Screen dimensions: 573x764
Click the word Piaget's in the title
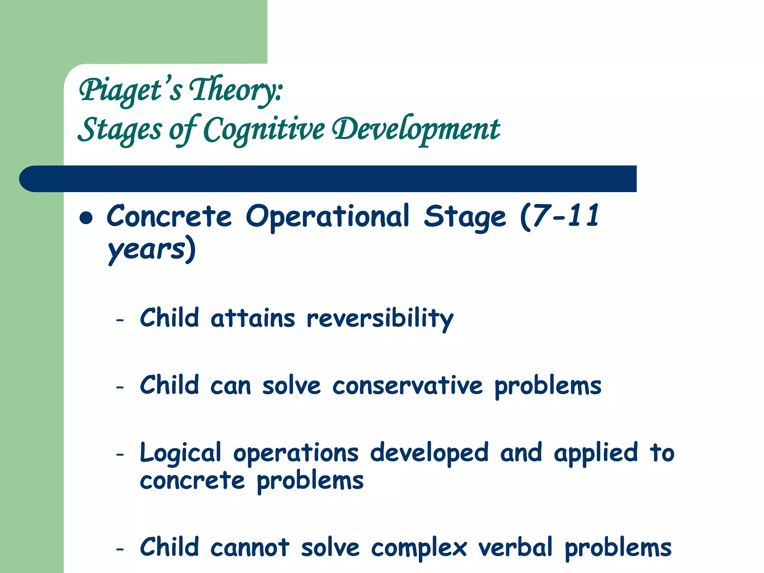[131, 90]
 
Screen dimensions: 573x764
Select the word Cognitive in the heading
[264, 130]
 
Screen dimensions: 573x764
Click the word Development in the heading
[416, 130]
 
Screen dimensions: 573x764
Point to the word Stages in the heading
[120, 130]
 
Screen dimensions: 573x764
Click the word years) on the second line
[151, 249]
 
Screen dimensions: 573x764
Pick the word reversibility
[380, 319]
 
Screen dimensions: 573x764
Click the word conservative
[407, 386]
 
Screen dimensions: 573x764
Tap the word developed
[429, 453]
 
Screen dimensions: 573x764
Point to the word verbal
[515, 548]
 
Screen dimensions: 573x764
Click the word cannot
[250, 548]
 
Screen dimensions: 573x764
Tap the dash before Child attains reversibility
[120, 320]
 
